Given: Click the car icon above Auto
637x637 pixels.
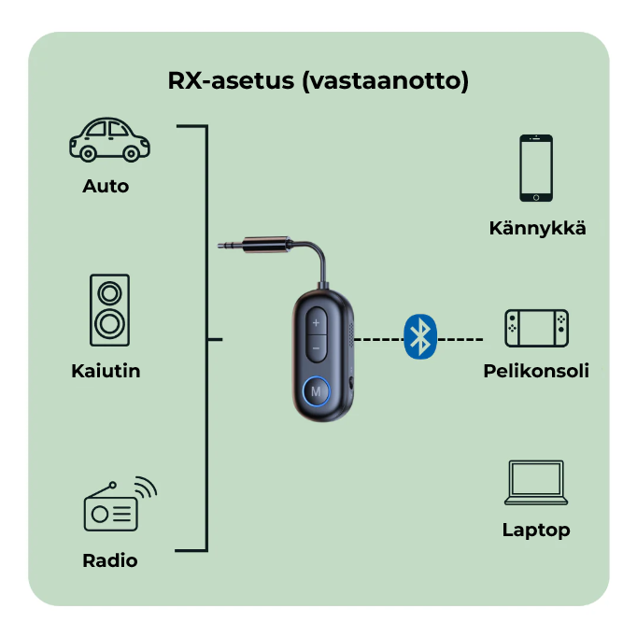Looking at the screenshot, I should click(109, 139).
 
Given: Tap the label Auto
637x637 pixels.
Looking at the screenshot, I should click(106, 186).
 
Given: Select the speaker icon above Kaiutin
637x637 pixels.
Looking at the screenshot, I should click(110, 311).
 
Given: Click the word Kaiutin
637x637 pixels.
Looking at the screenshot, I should click(106, 371).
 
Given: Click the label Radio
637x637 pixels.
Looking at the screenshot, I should click(110, 560).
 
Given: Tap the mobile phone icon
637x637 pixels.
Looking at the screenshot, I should click(536, 168).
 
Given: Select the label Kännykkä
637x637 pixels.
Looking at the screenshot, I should click(537, 227).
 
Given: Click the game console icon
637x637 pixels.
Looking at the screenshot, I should click(536, 328).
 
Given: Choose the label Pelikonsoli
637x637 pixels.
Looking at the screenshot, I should click(536, 371).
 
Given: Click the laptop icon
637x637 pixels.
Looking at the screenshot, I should click(536, 483).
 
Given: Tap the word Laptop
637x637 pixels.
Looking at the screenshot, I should click(536, 530).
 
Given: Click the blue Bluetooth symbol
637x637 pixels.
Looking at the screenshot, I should click(421, 336).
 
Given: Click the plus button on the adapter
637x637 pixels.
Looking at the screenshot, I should click(316, 322).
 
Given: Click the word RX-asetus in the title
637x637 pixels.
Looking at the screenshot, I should click(231, 81).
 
